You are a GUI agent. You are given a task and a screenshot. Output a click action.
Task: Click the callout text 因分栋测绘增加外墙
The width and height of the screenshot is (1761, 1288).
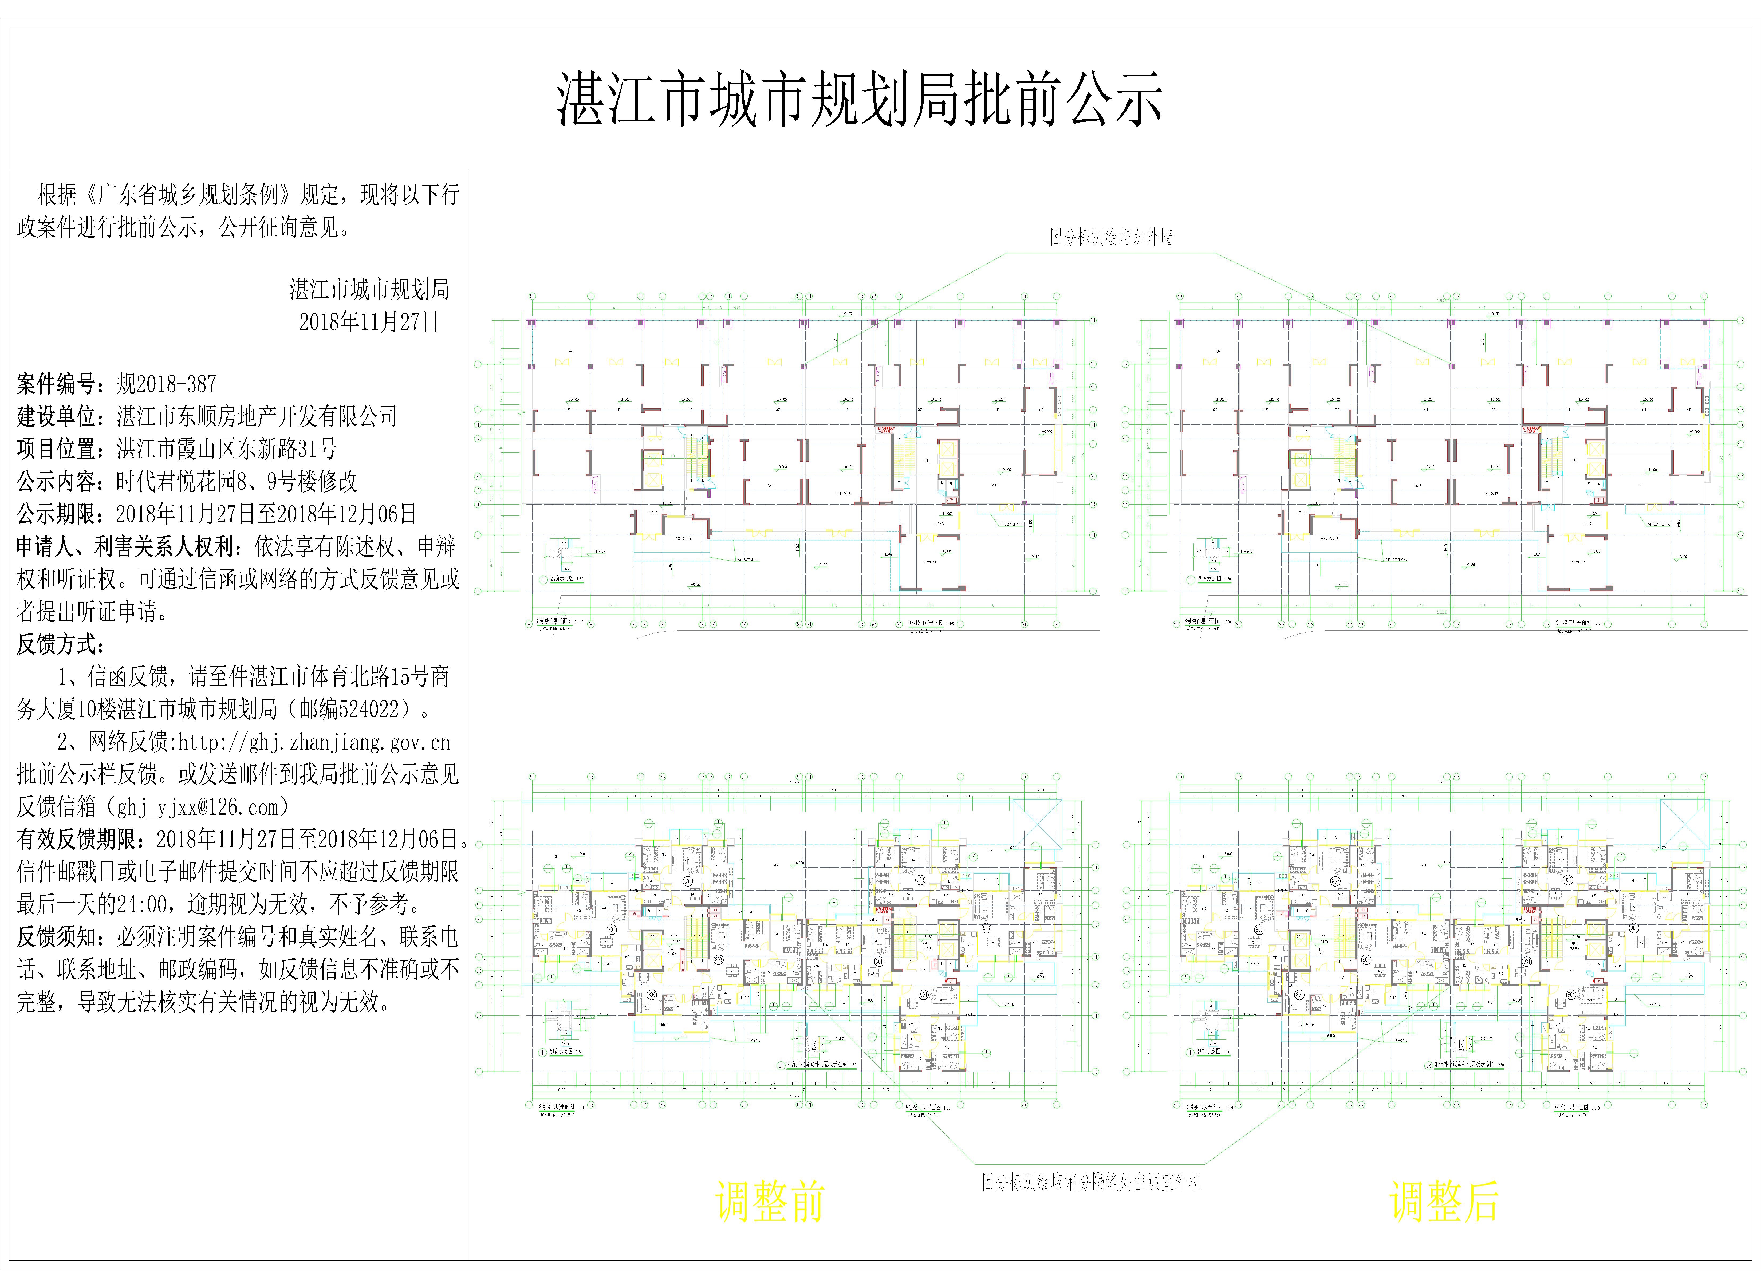point(1111,237)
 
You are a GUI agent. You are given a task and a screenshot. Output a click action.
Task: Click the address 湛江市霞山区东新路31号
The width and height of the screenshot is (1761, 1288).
point(226,449)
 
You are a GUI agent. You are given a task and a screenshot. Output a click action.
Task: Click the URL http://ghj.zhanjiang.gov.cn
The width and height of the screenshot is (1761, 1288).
point(314,742)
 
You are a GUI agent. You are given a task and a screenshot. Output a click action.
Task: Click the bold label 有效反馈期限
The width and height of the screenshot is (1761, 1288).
point(81,840)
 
